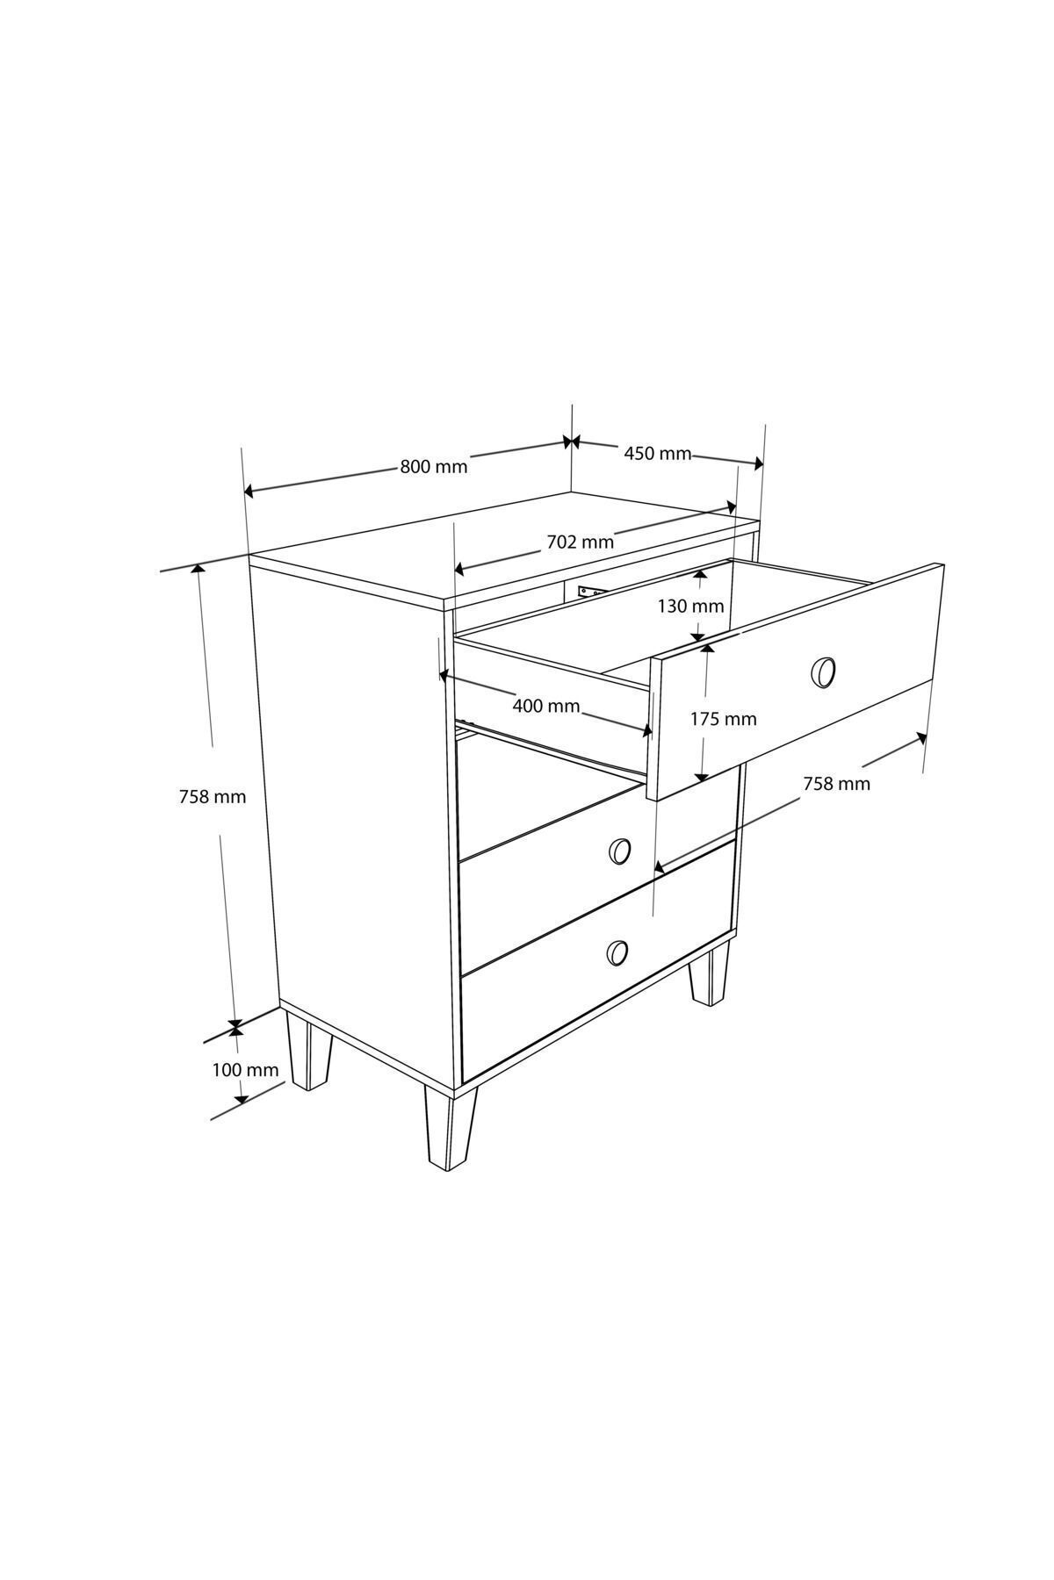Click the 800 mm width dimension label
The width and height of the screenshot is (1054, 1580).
tap(434, 466)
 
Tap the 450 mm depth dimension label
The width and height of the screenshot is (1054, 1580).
tap(657, 454)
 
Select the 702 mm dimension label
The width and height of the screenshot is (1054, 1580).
tap(580, 542)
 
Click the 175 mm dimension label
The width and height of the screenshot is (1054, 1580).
tap(723, 719)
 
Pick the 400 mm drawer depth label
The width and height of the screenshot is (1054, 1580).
tap(545, 706)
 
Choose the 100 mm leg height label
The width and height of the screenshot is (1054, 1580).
tap(245, 1070)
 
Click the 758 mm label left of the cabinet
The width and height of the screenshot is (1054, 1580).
tap(213, 797)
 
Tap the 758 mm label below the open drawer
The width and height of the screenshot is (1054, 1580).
tap(836, 784)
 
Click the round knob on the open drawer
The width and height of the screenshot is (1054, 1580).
tap(822, 671)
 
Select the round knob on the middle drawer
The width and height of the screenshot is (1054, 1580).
tap(619, 850)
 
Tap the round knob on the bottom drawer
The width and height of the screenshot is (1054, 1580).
tap(617, 952)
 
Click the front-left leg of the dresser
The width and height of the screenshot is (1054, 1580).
tap(450, 1129)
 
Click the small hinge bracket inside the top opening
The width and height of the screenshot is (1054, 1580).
tap(588, 591)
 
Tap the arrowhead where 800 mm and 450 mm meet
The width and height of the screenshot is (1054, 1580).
tap(572, 442)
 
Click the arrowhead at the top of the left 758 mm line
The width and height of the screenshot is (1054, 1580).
tap(199, 571)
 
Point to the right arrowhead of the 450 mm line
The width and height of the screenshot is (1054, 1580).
tap(757, 463)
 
